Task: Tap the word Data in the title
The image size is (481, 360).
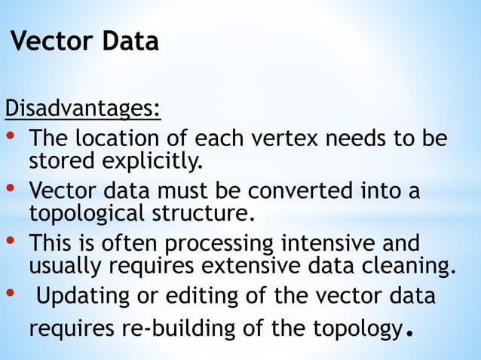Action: (x=130, y=41)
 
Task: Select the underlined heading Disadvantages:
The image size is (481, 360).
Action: (x=83, y=110)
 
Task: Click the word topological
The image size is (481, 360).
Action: (x=82, y=213)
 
